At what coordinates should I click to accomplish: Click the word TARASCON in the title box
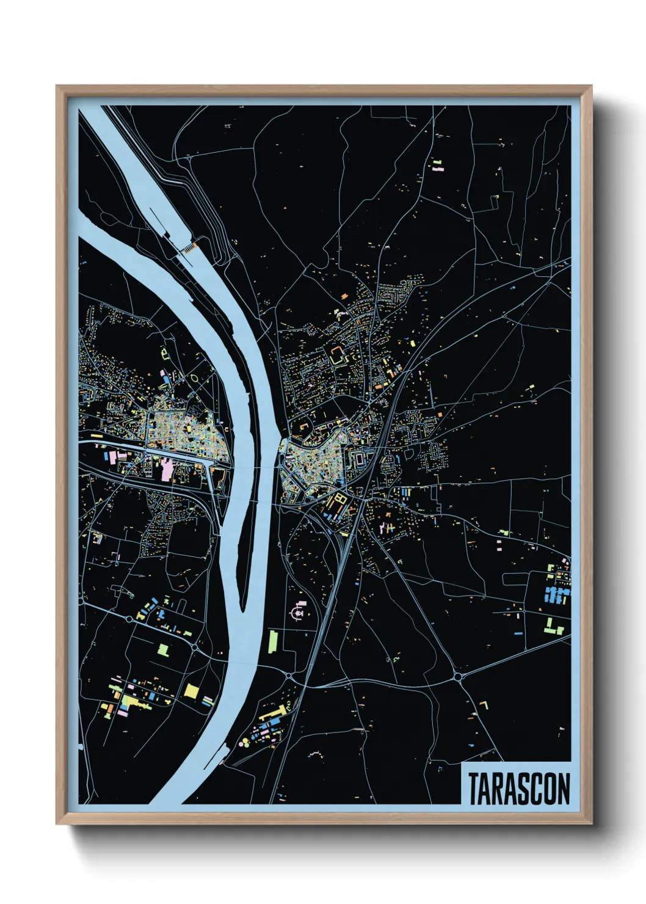518,789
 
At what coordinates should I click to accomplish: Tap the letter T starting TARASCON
474,789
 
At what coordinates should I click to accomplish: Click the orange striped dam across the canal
189,247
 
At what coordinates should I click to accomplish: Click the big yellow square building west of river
191,691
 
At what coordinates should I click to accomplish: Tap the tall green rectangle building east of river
273,641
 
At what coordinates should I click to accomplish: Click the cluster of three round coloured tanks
245,742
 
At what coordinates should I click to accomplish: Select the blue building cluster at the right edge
556,594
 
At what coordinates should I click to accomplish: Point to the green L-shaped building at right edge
553,627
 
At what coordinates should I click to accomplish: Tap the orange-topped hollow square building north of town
338,354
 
